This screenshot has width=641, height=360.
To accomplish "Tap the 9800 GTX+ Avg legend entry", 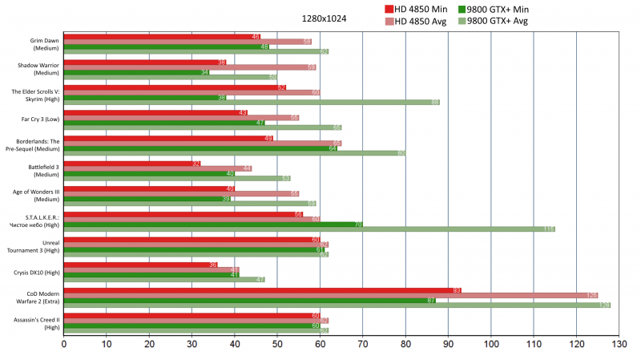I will tap(498, 21).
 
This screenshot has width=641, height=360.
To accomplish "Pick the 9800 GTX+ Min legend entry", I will tap(498, 8).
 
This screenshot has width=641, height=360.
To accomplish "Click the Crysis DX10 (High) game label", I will tap(36, 273).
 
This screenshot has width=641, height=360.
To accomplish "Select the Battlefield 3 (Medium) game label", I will tap(36, 170).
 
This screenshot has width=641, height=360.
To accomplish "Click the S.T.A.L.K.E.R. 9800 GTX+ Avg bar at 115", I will tap(309, 229).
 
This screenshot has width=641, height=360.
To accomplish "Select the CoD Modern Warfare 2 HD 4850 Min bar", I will tap(262, 290).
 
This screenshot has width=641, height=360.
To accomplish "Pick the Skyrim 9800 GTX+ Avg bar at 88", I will tap(252, 102).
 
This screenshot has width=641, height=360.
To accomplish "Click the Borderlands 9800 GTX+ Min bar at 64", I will tap(200, 148).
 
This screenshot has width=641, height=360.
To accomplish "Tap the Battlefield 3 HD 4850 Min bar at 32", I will tap(132, 164).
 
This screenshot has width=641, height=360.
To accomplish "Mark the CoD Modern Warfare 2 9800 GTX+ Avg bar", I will tap(337, 305).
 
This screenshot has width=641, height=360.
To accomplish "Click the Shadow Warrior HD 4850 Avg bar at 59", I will tap(190, 67).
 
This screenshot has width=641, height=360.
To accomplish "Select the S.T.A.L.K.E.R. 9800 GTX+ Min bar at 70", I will tap(213, 224).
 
